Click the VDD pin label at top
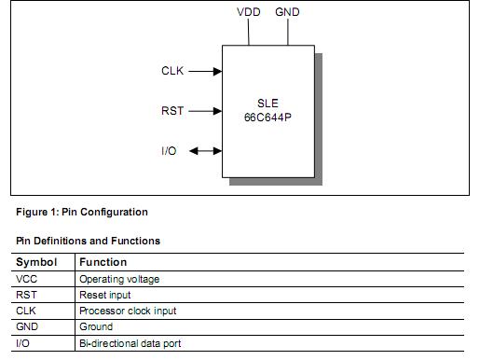click(249, 12)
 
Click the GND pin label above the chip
click(288, 12)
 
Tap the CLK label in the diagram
click(173, 70)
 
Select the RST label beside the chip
click(172, 111)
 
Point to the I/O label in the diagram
click(169, 150)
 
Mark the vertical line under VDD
click(249, 32)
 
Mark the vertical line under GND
click(288, 32)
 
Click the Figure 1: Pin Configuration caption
click(81, 212)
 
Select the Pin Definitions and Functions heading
click(88, 241)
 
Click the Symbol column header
click(36, 262)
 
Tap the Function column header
click(103, 262)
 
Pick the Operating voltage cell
click(119, 279)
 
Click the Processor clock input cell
click(128, 311)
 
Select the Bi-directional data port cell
click(130, 343)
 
